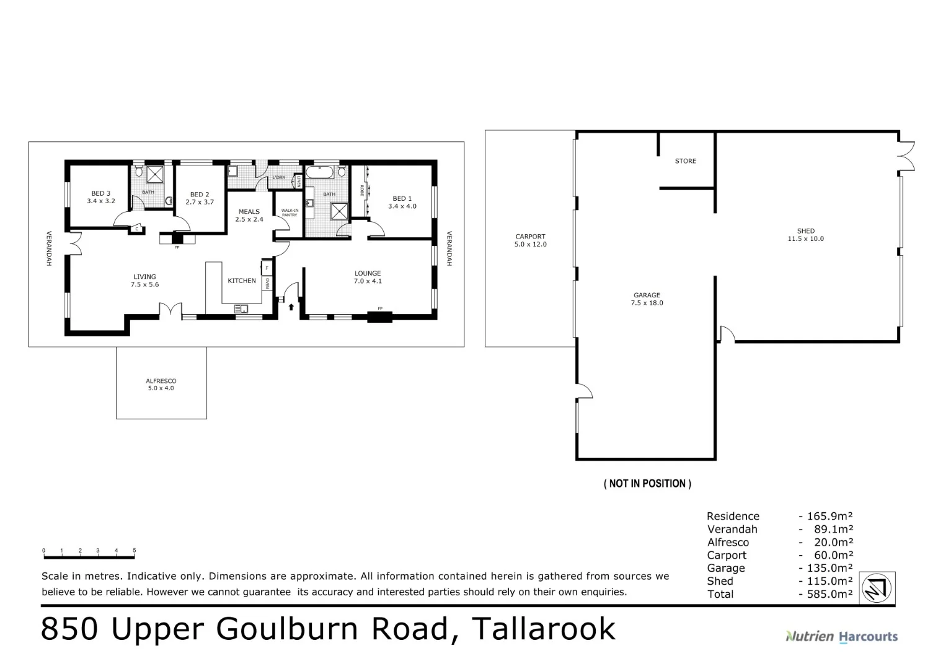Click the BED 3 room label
point(100,197)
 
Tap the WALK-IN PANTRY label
point(290,212)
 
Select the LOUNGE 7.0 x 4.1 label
point(368,277)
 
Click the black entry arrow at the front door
point(291,307)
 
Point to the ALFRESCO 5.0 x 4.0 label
point(161,385)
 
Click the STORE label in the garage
point(685,161)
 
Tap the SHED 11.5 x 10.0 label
point(805,235)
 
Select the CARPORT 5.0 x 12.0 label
point(530,240)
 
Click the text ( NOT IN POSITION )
point(647,484)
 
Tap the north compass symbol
point(877,588)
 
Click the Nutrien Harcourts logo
point(841,636)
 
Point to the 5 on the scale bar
point(135,550)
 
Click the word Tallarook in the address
point(543,629)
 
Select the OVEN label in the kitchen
point(267,283)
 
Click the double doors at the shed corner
point(906,155)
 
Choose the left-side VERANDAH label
point(48,248)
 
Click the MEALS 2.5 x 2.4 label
point(249,215)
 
